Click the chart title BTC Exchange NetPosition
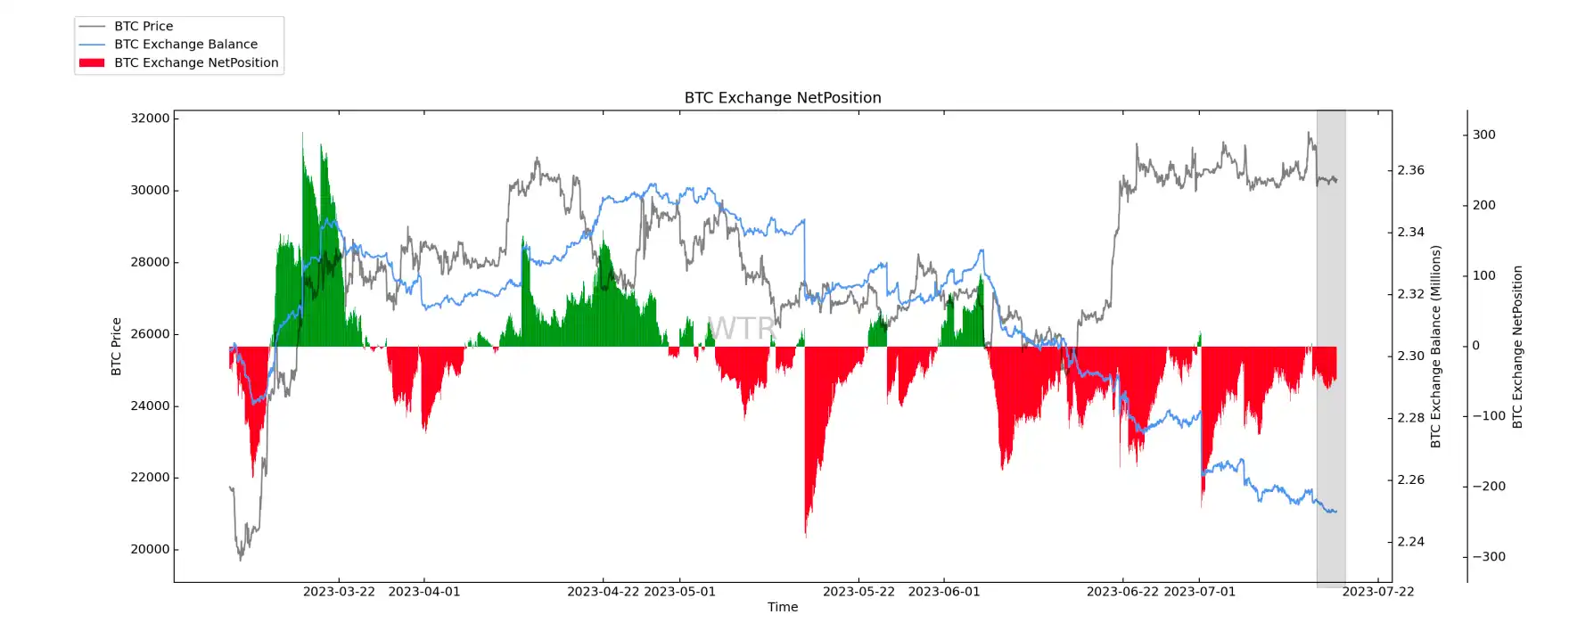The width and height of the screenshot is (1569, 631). (x=782, y=98)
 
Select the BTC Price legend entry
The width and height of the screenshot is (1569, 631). (x=143, y=26)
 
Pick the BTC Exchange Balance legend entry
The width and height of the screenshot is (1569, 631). (x=185, y=44)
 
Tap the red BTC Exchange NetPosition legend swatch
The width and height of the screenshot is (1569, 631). (x=92, y=62)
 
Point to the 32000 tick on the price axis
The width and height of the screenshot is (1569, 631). (x=150, y=119)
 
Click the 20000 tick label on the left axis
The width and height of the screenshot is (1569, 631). (x=150, y=549)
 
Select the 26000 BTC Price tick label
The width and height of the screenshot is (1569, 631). (x=150, y=334)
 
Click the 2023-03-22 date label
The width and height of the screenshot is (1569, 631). (x=339, y=592)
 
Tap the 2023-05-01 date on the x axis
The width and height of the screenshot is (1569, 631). (x=679, y=592)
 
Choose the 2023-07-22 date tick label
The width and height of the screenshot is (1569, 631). (x=1377, y=592)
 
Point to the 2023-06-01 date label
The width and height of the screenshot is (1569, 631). (x=943, y=592)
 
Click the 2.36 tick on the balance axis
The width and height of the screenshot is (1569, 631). (x=1410, y=170)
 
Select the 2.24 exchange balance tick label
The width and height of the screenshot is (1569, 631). (x=1410, y=542)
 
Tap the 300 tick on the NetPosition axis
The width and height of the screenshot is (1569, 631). (x=1483, y=135)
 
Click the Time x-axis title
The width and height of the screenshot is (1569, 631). (x=782, y=607)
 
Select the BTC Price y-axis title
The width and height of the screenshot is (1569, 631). (x=116, y=346)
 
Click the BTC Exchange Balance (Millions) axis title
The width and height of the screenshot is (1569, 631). (x=1435, y=346)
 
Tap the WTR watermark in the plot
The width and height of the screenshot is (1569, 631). (x=741, y=328)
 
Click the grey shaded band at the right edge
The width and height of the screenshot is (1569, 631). (x=1330, y=267)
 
